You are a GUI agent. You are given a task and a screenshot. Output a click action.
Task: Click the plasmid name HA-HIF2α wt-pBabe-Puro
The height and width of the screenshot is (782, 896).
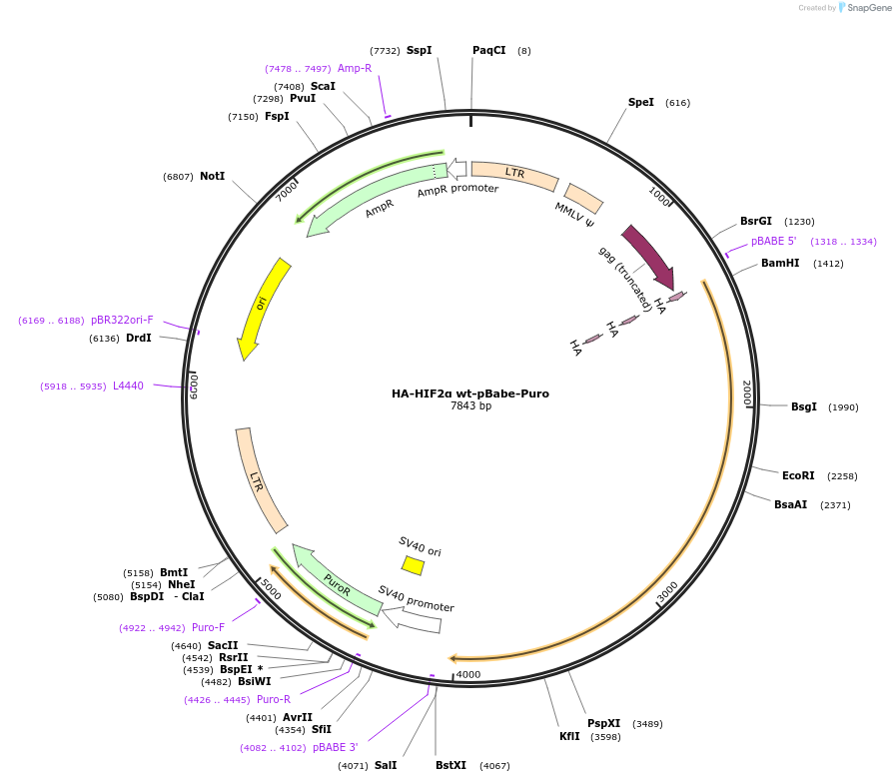[469, 393]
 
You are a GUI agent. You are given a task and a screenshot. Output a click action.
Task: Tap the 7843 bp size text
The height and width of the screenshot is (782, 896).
[470, 406]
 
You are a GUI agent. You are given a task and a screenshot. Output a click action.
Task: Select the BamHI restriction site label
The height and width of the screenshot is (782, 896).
[780, 264]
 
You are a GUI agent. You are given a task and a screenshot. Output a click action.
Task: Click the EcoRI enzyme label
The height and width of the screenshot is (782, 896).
[798, 475]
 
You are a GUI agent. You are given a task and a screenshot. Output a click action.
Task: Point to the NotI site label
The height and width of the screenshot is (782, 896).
[212, 176]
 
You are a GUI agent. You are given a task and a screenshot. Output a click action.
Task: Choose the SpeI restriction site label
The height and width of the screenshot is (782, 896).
[641, 102]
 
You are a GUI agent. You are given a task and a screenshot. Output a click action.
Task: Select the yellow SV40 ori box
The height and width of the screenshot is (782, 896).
[413, 566]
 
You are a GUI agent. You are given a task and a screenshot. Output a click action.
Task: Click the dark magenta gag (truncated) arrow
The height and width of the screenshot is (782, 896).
[648, 257]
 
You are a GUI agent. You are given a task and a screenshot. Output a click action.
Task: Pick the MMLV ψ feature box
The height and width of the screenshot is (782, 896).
[583, 198]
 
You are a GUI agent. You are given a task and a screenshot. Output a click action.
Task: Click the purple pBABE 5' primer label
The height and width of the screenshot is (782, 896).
[774, 242]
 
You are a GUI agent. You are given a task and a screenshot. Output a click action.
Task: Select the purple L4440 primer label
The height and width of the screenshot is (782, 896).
[128, 386]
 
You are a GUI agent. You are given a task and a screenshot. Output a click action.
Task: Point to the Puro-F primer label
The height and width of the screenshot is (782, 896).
[208, 628]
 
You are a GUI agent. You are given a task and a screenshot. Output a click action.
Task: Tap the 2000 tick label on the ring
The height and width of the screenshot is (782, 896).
[745, 392]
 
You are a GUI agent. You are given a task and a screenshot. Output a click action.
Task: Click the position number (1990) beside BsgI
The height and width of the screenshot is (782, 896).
[843, 407]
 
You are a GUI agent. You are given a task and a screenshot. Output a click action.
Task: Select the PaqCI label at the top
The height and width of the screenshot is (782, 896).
[488, 50]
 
